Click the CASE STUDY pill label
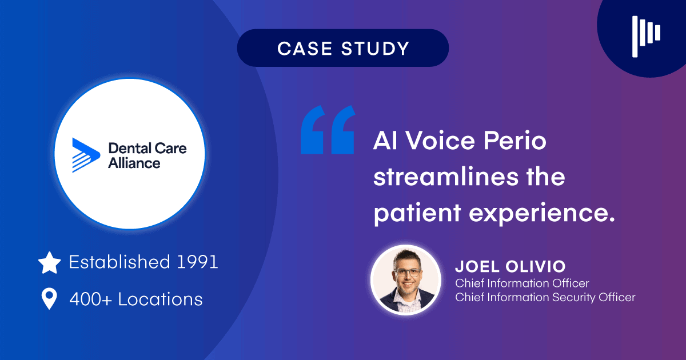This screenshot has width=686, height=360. click(343, 49)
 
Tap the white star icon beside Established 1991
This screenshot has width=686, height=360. click(50, 263)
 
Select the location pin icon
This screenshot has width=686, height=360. click(50, 299)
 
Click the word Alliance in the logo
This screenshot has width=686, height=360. click(134, 163)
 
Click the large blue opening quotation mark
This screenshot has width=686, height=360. click(328, 130)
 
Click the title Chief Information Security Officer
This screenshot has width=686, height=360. click(545, 297)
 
